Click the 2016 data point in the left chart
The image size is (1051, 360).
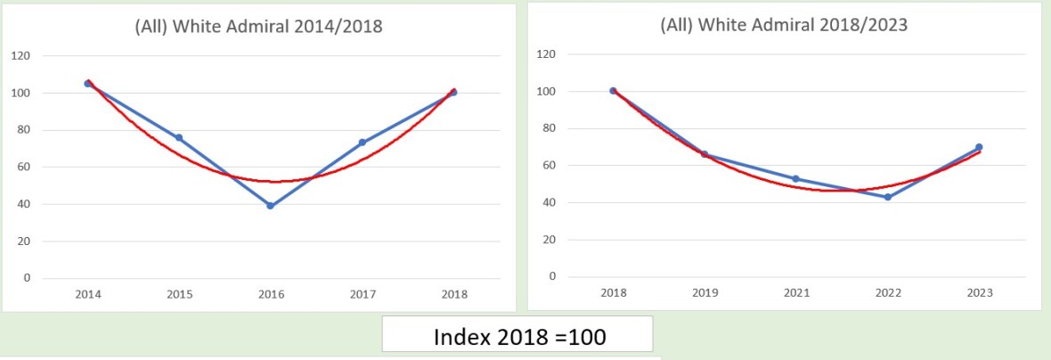[x=270, y=206]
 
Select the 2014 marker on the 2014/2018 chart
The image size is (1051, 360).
[x=87, y=83]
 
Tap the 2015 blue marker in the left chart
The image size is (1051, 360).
[x=178, y=137]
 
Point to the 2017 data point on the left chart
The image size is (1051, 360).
[x=362, y=143]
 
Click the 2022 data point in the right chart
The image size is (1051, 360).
[x=887, y=197]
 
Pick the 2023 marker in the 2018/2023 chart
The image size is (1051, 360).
[x=979, y=147]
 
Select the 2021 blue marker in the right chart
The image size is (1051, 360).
[x=795, y=178]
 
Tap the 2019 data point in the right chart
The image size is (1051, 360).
[x=704, y=154]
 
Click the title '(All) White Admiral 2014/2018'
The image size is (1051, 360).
[x=259, y=26]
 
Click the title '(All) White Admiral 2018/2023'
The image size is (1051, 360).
[x=784, y=25]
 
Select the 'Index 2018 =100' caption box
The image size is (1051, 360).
[x=517, y=337]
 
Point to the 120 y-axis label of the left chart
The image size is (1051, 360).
[x=20, y=56]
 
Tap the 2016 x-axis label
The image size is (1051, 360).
[x=270, y=294]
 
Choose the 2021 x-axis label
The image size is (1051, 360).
[x=795, y=293]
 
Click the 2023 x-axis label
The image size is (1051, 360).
[x=979, y=293]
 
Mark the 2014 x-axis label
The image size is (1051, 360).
[x=87, y=294]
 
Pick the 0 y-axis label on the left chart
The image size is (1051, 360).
[x=26, y=278]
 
